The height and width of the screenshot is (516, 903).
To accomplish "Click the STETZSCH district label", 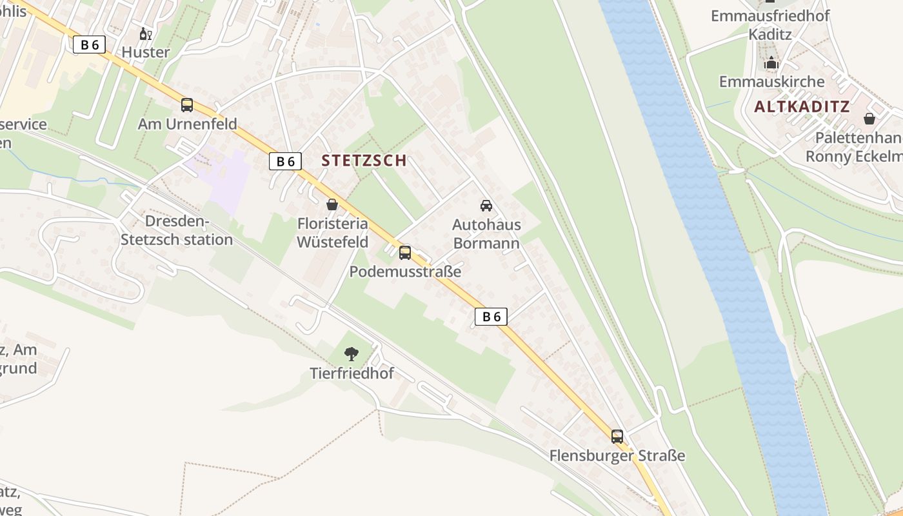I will [364, 161].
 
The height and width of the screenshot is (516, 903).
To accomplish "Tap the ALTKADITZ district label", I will [802, 107].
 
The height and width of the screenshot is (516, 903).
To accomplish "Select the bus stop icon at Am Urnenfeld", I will [187, 105].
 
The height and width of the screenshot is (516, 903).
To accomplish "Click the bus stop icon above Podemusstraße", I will [405, 253].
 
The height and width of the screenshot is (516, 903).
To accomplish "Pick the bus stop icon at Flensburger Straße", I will [617, 437].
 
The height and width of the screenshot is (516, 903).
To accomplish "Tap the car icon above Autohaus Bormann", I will [486, 206].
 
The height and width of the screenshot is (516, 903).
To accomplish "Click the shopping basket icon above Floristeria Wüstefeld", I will [332, 205].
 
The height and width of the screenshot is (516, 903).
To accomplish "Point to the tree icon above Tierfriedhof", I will [352, 353].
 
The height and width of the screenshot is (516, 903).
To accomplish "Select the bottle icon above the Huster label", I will [146, 34].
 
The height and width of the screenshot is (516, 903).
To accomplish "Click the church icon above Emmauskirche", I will [771, 63].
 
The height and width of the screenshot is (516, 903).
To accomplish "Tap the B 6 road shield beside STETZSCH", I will [285, 161].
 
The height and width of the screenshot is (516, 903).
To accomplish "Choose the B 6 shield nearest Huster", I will [89, 45].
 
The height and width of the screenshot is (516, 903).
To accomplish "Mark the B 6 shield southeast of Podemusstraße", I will [491, 316].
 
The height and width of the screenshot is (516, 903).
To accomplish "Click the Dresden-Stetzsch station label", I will [176, 230].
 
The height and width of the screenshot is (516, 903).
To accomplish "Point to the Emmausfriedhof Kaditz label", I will [770, 25].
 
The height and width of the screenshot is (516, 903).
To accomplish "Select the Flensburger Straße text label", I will [617, 455].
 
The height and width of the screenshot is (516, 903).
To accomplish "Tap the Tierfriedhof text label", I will [352, 373].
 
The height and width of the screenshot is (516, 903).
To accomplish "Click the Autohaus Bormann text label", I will [486, 233].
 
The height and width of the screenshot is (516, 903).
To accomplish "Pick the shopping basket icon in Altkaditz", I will [869, 119].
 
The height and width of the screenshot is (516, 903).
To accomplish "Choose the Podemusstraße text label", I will [405, 272].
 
